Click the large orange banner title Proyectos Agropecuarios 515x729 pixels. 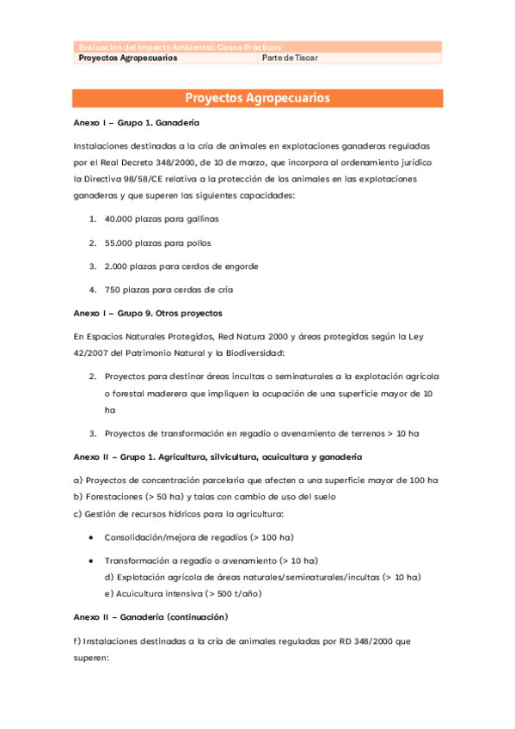coord(257,98)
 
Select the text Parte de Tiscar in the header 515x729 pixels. coord(290,58)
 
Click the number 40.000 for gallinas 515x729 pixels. coord(120,219)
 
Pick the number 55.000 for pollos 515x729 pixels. coord(120,242)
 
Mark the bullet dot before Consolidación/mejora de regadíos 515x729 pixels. coord(92,537)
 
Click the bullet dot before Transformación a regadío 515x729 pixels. coord(92,561)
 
